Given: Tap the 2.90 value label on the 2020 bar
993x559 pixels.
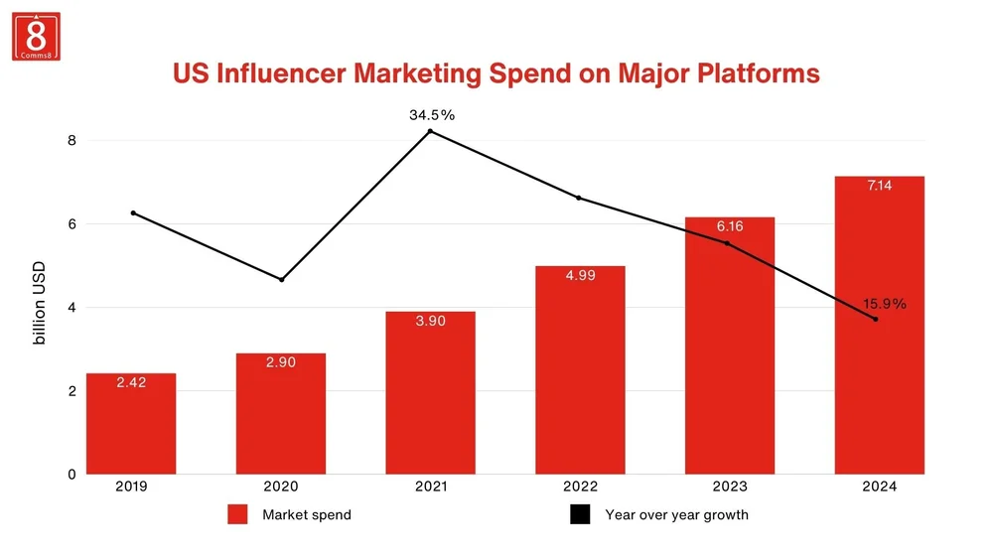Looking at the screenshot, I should pyautogui.click(x=281, y=362).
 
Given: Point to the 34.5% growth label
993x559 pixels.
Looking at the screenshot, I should pyautogui.click(x=432, y=115).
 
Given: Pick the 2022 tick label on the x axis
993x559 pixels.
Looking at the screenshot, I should pyautogui.click(x=580, y=487).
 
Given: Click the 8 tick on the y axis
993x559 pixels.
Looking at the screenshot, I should pyautogui.click(x=71, y=140).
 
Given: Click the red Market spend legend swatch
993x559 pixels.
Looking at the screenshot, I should pyautogui.click(x=237, y=514).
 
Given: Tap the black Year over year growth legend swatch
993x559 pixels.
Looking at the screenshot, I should pyautogui.click(x=580, y=514).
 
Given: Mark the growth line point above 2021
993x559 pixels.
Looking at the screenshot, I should pyautogui.click(x=430, y=131).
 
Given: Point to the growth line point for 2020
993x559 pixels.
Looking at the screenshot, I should pyautogui.click(x=281, y=280).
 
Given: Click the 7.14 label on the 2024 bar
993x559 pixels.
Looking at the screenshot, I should pyautogui.click(x=880, y=186).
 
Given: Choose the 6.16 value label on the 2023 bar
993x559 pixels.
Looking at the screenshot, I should pyautogui.click(x=730, y=226).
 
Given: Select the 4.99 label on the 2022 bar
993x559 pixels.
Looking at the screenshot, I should pyautogui.click(x=581, y=275).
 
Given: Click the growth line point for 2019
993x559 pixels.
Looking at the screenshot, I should pyautogui.click(x=132, y=212).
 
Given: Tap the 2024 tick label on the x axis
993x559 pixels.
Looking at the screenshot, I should pyautogui.click(x=880, y=487).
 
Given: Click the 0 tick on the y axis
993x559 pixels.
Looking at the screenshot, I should pyautogui.click(x=71, y=474).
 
